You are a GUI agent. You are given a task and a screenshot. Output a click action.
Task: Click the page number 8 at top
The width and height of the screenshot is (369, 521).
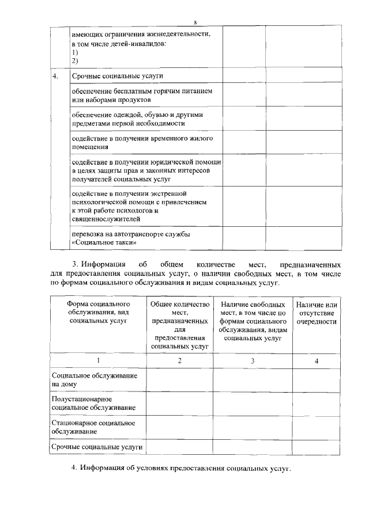(195, 22)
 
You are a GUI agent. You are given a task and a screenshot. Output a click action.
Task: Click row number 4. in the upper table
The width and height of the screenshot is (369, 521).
(56, 76)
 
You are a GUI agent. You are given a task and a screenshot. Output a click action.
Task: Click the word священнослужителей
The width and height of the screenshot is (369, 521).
(106, 219)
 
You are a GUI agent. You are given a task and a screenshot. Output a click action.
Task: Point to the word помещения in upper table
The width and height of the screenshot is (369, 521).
(90, 147)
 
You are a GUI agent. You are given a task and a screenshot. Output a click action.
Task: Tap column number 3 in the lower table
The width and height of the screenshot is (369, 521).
(253, 360)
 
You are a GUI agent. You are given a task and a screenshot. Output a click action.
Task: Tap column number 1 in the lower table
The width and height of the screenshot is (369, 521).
(98, 360)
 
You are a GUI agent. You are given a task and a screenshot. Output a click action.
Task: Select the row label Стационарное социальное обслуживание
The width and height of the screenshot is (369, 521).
(93, 427)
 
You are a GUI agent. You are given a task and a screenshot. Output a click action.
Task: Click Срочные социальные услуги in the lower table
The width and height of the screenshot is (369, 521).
(96, 447)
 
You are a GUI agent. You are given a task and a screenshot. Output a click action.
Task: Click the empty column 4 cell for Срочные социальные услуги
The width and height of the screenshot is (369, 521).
(316, 447)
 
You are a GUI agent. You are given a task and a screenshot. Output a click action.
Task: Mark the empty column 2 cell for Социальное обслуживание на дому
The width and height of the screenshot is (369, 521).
(179, 379)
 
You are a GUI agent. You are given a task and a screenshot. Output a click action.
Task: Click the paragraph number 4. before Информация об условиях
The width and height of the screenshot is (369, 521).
(74, 467)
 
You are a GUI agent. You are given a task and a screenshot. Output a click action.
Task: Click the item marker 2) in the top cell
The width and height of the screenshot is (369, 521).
(75, 60)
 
